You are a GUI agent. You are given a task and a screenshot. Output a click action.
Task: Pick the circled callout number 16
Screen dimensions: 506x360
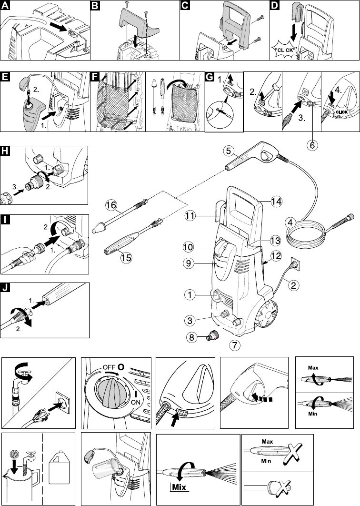111,205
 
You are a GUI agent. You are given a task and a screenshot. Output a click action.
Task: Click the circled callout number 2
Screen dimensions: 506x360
294,286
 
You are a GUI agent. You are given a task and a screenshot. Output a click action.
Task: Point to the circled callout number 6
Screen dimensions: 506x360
312,145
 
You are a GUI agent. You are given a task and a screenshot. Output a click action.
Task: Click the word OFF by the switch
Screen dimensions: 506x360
109,367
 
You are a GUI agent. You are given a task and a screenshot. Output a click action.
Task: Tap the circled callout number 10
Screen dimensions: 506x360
189,247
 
